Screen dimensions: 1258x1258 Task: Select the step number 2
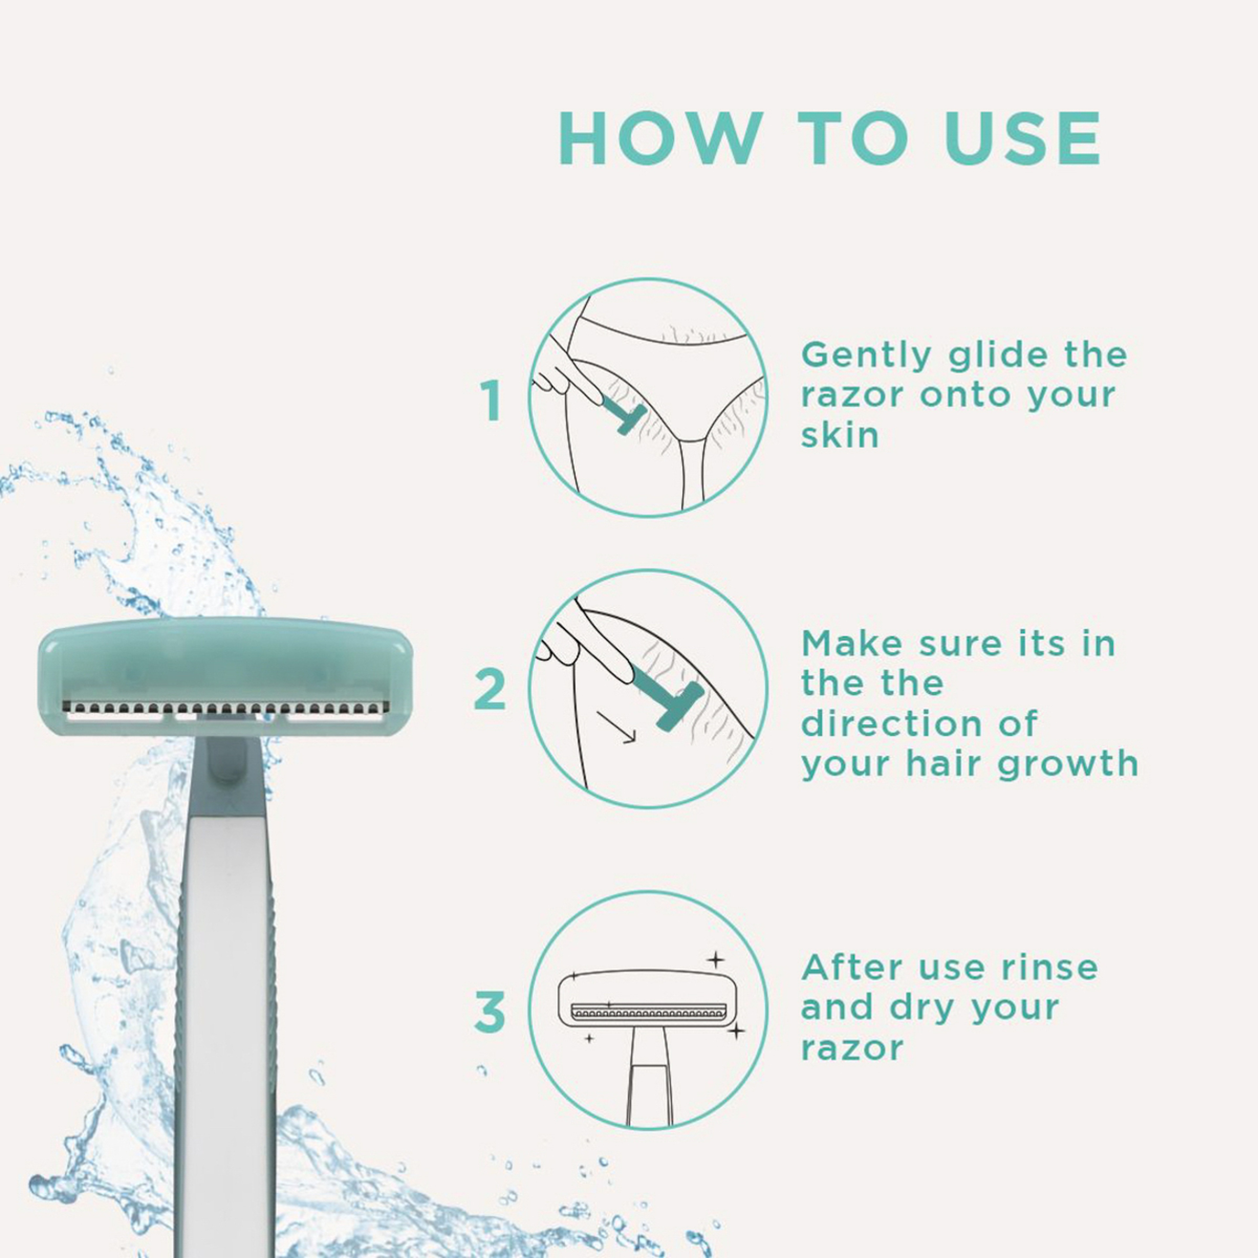[490, 689]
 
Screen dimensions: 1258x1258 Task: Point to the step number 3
[490, 1011]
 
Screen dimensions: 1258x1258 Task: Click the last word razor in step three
[852, 1048]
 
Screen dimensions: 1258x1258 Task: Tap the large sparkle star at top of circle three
[715, 959]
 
